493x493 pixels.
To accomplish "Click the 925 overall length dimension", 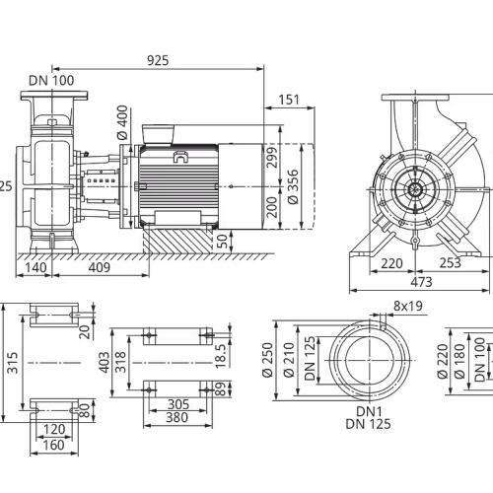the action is (158, 60).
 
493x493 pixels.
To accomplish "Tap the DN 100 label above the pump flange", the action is (51, 81).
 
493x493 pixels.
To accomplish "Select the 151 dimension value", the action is (289, 100).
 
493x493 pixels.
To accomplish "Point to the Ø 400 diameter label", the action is (122, 122).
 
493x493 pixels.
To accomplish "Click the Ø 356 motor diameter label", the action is (293, 186).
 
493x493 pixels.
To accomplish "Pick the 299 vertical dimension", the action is (272, 158).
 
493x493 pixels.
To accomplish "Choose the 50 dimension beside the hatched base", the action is (223, 242).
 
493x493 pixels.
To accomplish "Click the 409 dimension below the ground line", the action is (100, 267).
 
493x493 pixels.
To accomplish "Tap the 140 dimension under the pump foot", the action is (35, 267).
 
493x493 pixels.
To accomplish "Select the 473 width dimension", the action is (422, 282).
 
